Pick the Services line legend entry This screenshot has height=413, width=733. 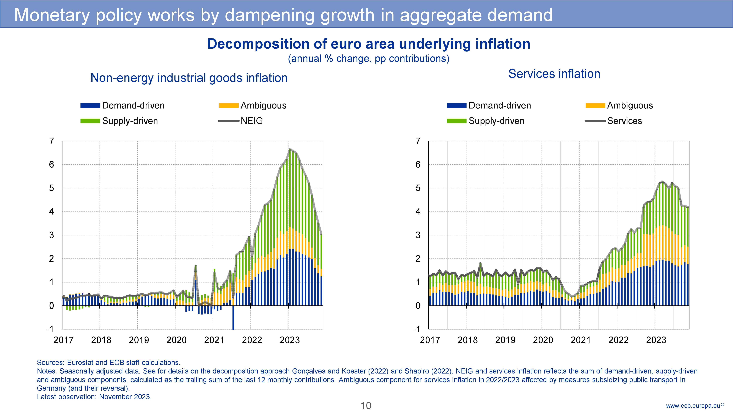624,121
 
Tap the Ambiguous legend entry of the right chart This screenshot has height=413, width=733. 630,105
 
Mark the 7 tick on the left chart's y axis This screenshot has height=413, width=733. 51,141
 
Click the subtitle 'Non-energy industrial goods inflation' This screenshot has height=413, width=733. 189,78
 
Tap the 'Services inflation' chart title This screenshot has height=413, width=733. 554,74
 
